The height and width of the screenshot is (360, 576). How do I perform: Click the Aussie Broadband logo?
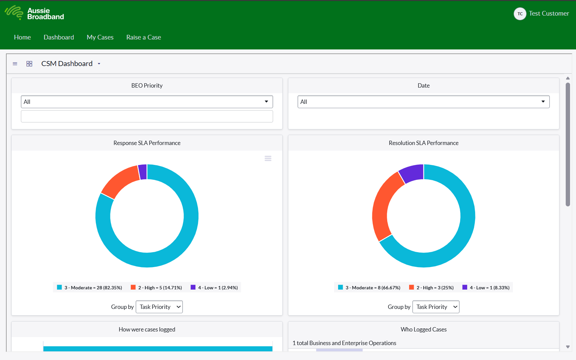(34, 13)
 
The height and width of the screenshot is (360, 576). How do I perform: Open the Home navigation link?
(22, 37)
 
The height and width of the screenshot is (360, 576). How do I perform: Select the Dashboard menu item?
(59, 37)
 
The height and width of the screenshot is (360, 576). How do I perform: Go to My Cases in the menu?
(100, 37)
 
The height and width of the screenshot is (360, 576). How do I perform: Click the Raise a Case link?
(143, 37)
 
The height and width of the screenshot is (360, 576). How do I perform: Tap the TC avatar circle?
(520, 14)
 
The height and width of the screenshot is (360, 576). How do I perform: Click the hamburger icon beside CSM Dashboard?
(15, 64)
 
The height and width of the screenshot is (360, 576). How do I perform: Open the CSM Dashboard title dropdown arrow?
(99, 64)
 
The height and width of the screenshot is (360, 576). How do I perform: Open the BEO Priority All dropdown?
(147, 102)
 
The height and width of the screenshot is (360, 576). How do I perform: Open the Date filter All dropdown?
(423, 102)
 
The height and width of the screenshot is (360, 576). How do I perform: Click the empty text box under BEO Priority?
(147, 116)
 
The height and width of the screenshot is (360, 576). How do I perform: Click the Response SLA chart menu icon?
(268, 159)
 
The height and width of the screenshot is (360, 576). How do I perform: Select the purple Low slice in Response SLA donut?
(143, 172)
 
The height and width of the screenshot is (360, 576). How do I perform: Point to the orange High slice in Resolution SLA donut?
(386, 206)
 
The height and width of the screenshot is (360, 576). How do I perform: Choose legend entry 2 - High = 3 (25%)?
(431, 288)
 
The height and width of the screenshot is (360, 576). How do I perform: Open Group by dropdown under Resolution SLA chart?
(436, 307)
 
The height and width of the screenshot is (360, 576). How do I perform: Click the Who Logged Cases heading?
(423, 329)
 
